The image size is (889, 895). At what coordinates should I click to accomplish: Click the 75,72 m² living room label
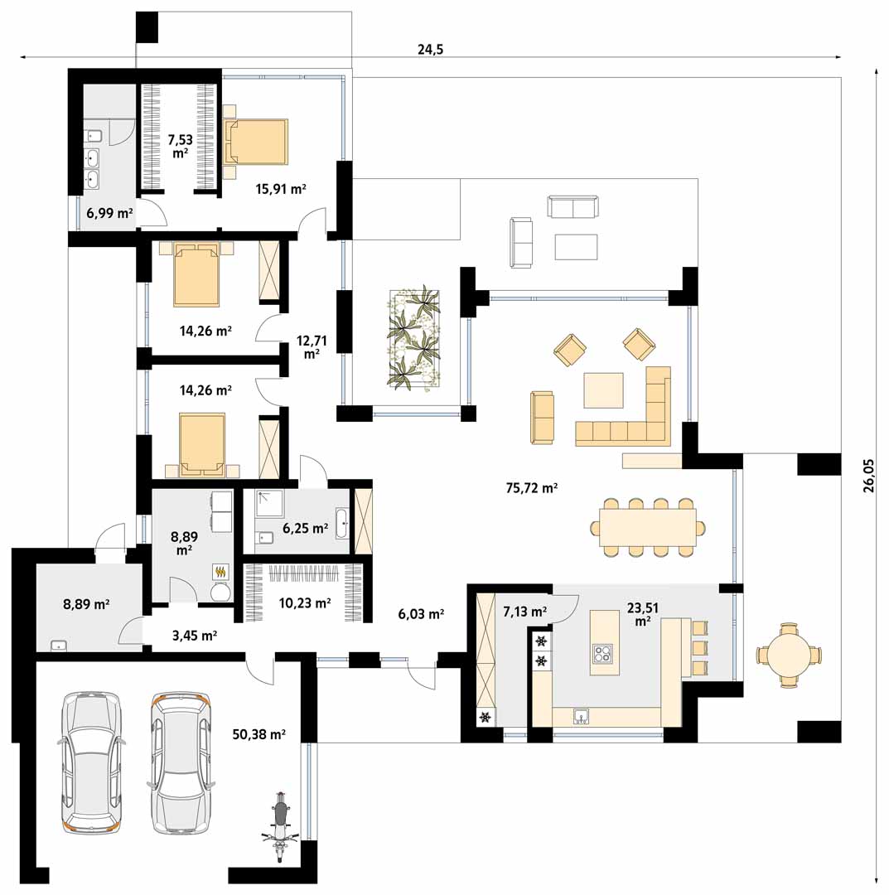531,488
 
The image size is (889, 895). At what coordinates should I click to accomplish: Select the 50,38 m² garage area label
259,734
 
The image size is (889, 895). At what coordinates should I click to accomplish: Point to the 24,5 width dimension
430,50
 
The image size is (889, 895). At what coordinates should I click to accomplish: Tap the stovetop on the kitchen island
602,653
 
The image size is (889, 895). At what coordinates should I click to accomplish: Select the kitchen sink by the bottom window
582,716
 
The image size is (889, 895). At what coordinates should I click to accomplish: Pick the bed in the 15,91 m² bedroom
256,143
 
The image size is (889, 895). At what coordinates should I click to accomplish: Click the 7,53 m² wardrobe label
181,146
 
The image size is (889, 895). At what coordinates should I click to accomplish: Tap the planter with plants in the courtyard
415,338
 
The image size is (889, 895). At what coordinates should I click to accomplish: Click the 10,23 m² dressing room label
305,602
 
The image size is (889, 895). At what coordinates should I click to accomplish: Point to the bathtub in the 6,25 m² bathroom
342,524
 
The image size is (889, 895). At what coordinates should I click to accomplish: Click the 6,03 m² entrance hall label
421,614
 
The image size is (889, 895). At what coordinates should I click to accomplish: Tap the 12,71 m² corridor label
312,347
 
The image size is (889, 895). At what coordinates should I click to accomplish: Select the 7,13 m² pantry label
525,612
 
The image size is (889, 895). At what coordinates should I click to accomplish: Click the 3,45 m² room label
195,636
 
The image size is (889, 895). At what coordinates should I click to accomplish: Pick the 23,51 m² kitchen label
642,614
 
